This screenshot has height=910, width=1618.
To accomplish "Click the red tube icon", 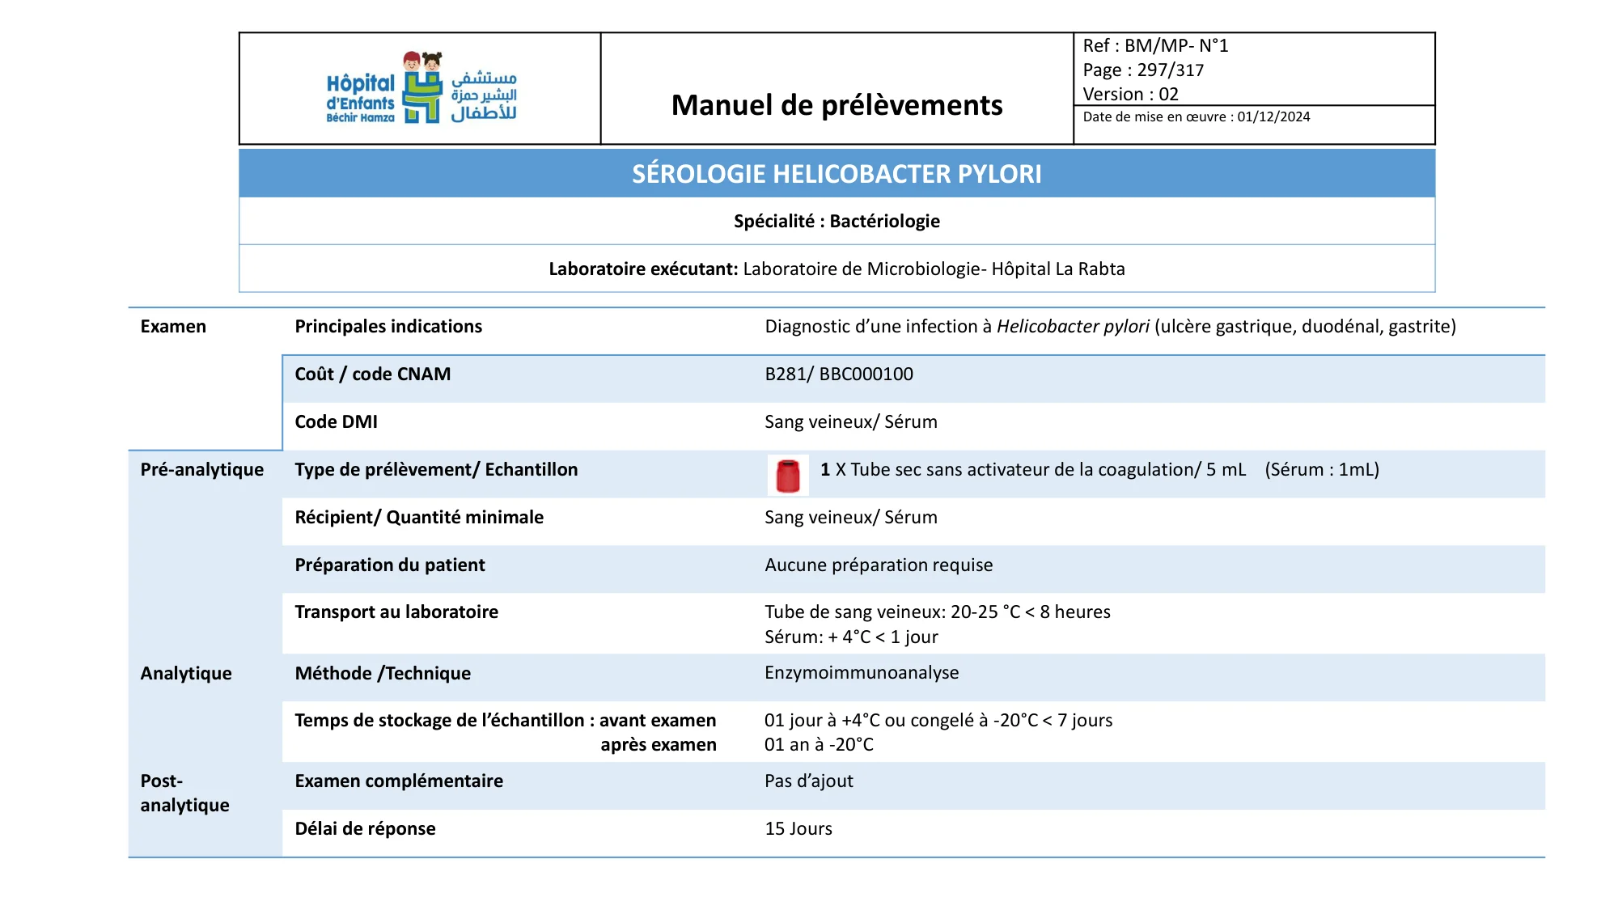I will [x=787, y=475].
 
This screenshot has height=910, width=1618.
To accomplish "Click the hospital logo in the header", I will [x=421, y=89].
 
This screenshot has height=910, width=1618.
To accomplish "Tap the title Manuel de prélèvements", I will [x=837, y=105].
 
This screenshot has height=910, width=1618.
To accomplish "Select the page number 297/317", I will [x=1170, y=70].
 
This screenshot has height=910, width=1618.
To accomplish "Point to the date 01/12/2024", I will [x=1273, y=117].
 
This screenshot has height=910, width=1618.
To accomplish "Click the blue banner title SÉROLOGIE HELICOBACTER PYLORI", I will [x=837, y=174].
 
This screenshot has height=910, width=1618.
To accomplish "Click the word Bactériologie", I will [x=884, y=222].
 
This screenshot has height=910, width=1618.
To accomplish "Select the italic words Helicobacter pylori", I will [x=1073, y=327].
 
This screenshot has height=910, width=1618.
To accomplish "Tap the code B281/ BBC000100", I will [x=839, y=375].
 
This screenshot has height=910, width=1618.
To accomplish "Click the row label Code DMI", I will [x=336, y=422].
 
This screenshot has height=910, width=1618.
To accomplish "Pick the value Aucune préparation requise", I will [x=879, y=565].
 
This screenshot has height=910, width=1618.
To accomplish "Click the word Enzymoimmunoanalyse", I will [x=862, y=673].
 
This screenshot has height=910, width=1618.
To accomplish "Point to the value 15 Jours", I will [x=798, y=829].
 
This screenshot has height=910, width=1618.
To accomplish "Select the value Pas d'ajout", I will [x=809, y=781].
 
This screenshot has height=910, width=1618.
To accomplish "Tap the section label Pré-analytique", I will [x=202, y=470].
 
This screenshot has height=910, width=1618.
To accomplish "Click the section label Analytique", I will [x=186, y=674].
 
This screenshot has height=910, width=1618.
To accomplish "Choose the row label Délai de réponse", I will [x=365, y=829].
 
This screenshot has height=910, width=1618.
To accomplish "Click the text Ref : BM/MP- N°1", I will [x=1155, y=46].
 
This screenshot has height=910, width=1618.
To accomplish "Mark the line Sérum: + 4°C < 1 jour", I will [x=851, y=637].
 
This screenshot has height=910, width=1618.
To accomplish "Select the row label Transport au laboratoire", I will [x=396, y=612].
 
